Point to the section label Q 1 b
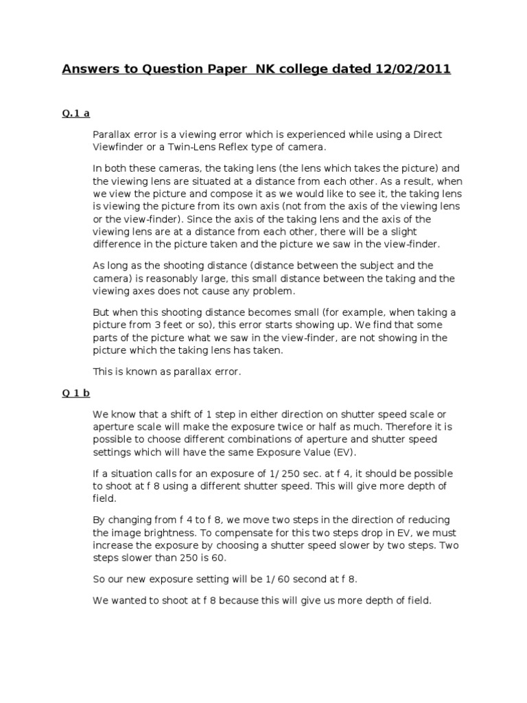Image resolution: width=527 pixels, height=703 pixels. pos(77,393)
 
